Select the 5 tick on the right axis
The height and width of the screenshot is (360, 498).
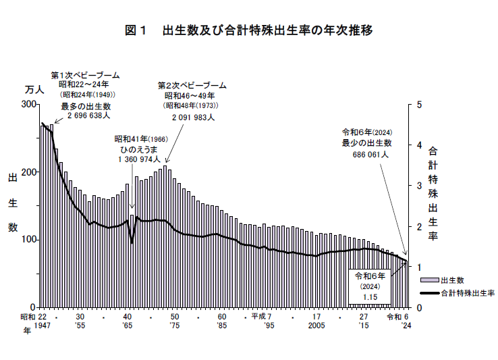(420, 105)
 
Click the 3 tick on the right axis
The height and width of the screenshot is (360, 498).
(420, 186)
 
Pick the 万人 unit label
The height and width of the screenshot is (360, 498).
(34, 89)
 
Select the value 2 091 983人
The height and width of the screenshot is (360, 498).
(193, 117)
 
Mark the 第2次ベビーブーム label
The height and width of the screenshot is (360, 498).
(192, 86)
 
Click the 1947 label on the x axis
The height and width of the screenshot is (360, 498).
(41, 325)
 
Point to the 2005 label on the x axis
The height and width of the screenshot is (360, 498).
(316, 325)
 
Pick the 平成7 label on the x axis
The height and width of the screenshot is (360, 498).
(261, 316)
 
